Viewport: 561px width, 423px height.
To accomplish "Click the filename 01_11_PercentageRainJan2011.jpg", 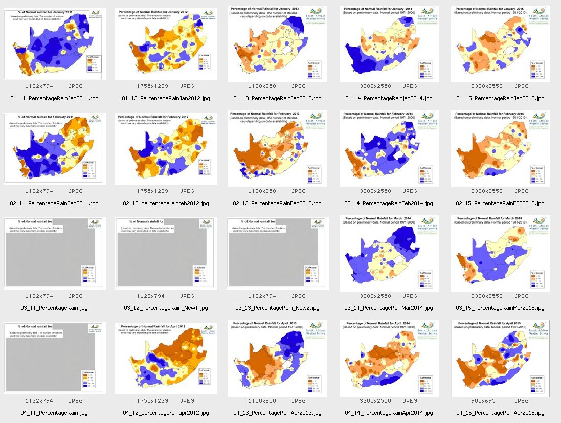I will pyautogui.click(x=54, y=98).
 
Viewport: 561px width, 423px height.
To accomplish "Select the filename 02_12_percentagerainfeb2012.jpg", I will pyautogui.click(x=166, y=203).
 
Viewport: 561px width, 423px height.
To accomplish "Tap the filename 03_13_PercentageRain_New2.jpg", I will pyautogui.click(x=277, y=308).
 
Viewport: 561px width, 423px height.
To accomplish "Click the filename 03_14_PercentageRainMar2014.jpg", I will pyautogui.click(x=389, y=308).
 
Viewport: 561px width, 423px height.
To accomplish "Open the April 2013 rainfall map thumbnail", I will pyautogui.click(x=277, y=358).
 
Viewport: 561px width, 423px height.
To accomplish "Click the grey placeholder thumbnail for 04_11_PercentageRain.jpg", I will pyautogui.click(x=54, y=358).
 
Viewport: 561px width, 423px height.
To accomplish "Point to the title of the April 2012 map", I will pyautogui.click(x=158, y=326).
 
